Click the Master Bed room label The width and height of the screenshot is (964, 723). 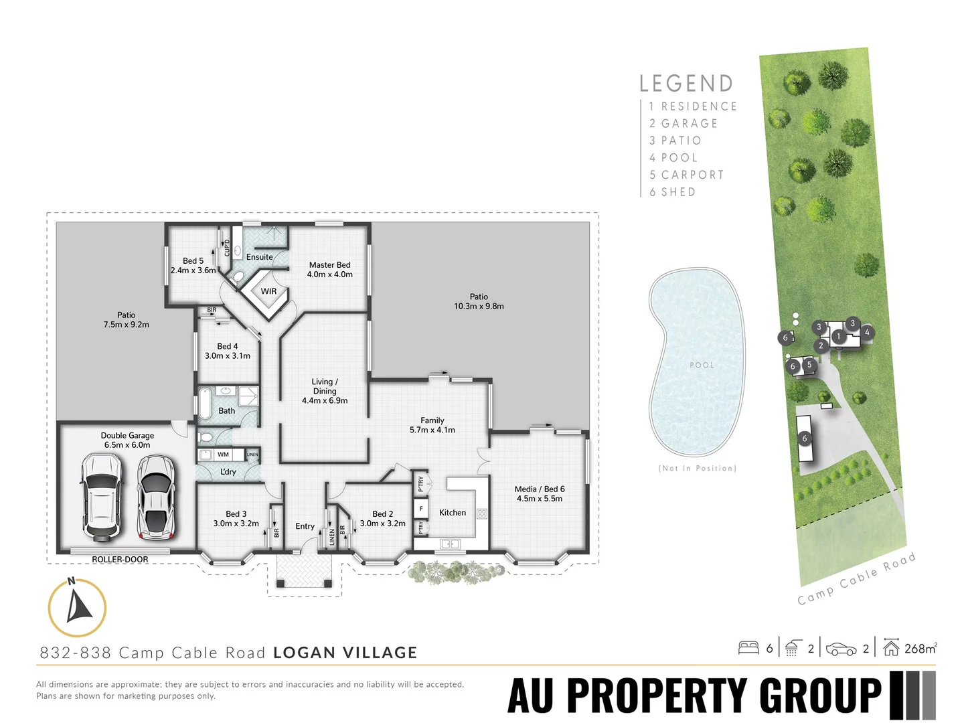point(329,270)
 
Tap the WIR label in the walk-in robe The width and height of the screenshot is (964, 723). point(268,291)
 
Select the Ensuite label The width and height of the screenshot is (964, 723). point(259,257)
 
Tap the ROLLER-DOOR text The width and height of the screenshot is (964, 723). point(120,560)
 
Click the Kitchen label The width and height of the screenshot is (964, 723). point(453,513)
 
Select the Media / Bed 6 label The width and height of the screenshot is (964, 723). point(540,494)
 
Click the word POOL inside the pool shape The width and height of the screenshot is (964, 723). point(702,365)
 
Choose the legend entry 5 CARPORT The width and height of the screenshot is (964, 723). point(687,175)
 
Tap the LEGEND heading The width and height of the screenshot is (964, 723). point(686,84)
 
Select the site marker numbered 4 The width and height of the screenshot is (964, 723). point(867,332)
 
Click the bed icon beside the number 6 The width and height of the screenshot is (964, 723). point(748,648)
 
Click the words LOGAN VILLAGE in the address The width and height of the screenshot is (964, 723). point(345,653)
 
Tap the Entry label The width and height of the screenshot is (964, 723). point(305,526)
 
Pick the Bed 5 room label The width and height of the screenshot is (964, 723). point(193,266)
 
